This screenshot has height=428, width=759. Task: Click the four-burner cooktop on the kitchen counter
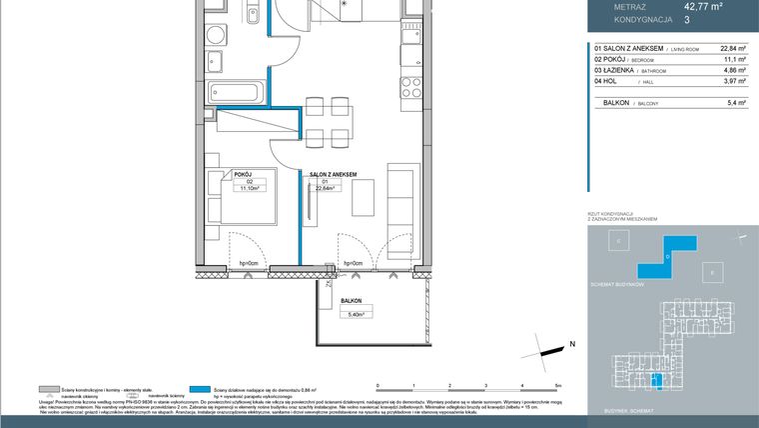(409, 87)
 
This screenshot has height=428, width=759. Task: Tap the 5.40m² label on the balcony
(351, 313)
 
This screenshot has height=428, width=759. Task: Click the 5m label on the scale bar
(558, 385)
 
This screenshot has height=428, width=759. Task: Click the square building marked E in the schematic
(710, 272)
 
